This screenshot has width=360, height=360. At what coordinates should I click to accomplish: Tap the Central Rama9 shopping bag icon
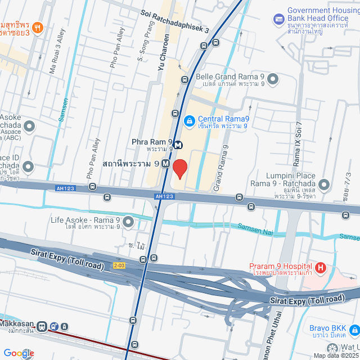(190, 120)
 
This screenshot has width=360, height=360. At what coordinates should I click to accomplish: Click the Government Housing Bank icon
(278, 19)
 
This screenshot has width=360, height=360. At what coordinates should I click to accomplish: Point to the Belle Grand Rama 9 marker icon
(273, 79)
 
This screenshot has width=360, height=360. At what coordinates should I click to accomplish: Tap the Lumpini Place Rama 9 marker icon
(324, 184)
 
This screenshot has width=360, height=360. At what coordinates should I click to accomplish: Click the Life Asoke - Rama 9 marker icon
(128, 221)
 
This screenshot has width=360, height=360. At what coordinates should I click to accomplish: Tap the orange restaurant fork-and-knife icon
(37, 27)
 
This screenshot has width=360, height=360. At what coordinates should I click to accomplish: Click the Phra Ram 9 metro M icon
(178, 144)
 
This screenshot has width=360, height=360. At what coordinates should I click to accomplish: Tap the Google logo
(18, 353)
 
